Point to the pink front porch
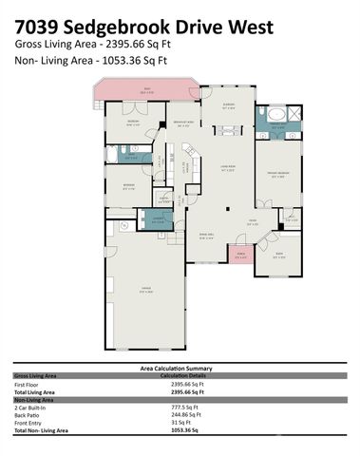pos(240,257)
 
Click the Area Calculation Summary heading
pos(180,368)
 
